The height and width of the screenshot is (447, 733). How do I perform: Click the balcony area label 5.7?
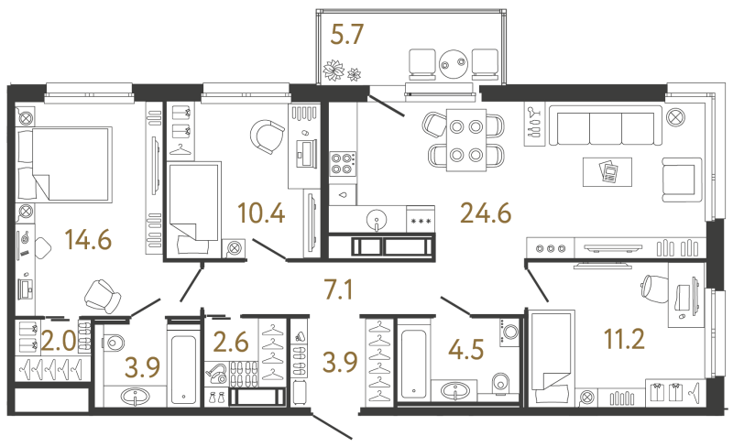pyautogui.click(x=346, y=35)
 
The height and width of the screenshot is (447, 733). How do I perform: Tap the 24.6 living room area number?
pyautogui.click(x=486, y=213)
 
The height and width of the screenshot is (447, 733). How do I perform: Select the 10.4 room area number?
pyautogui.click(x=261, y=213)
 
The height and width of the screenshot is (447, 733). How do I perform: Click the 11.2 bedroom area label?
pyautogui.click(x=624, y=339)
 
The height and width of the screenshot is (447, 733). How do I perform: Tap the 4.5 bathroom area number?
pyautogui.click(x=465, y=349)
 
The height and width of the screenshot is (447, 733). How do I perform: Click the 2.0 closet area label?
pyautogui.click(x=59, y=341)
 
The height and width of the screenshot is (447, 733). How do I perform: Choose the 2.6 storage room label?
pyautogui.click(x=231, y=342)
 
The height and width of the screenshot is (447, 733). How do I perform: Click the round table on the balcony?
pyautogui.click(x=453, y=64)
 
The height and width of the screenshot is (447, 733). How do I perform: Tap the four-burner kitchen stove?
pyautogui.click(x=343, y=164)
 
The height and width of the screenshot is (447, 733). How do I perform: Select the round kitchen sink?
pyautogui.click(x=377, y=218)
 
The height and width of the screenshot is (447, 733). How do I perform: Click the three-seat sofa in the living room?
pyautogui.click(x=606, y=125)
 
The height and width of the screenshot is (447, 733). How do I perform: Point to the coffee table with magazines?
pyautogui.click(x=607, y=172)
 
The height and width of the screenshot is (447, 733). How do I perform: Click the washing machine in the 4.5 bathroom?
pyautogui.click(x=510, y=333)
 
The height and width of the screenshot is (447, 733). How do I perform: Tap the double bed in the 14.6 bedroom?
pyautogui.click(x=63, y=165)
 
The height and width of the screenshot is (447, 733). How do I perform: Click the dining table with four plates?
pyautogui.click(x=466, y=140)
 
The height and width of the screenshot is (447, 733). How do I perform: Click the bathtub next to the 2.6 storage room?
pyautogui.click(x=184, y=364)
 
